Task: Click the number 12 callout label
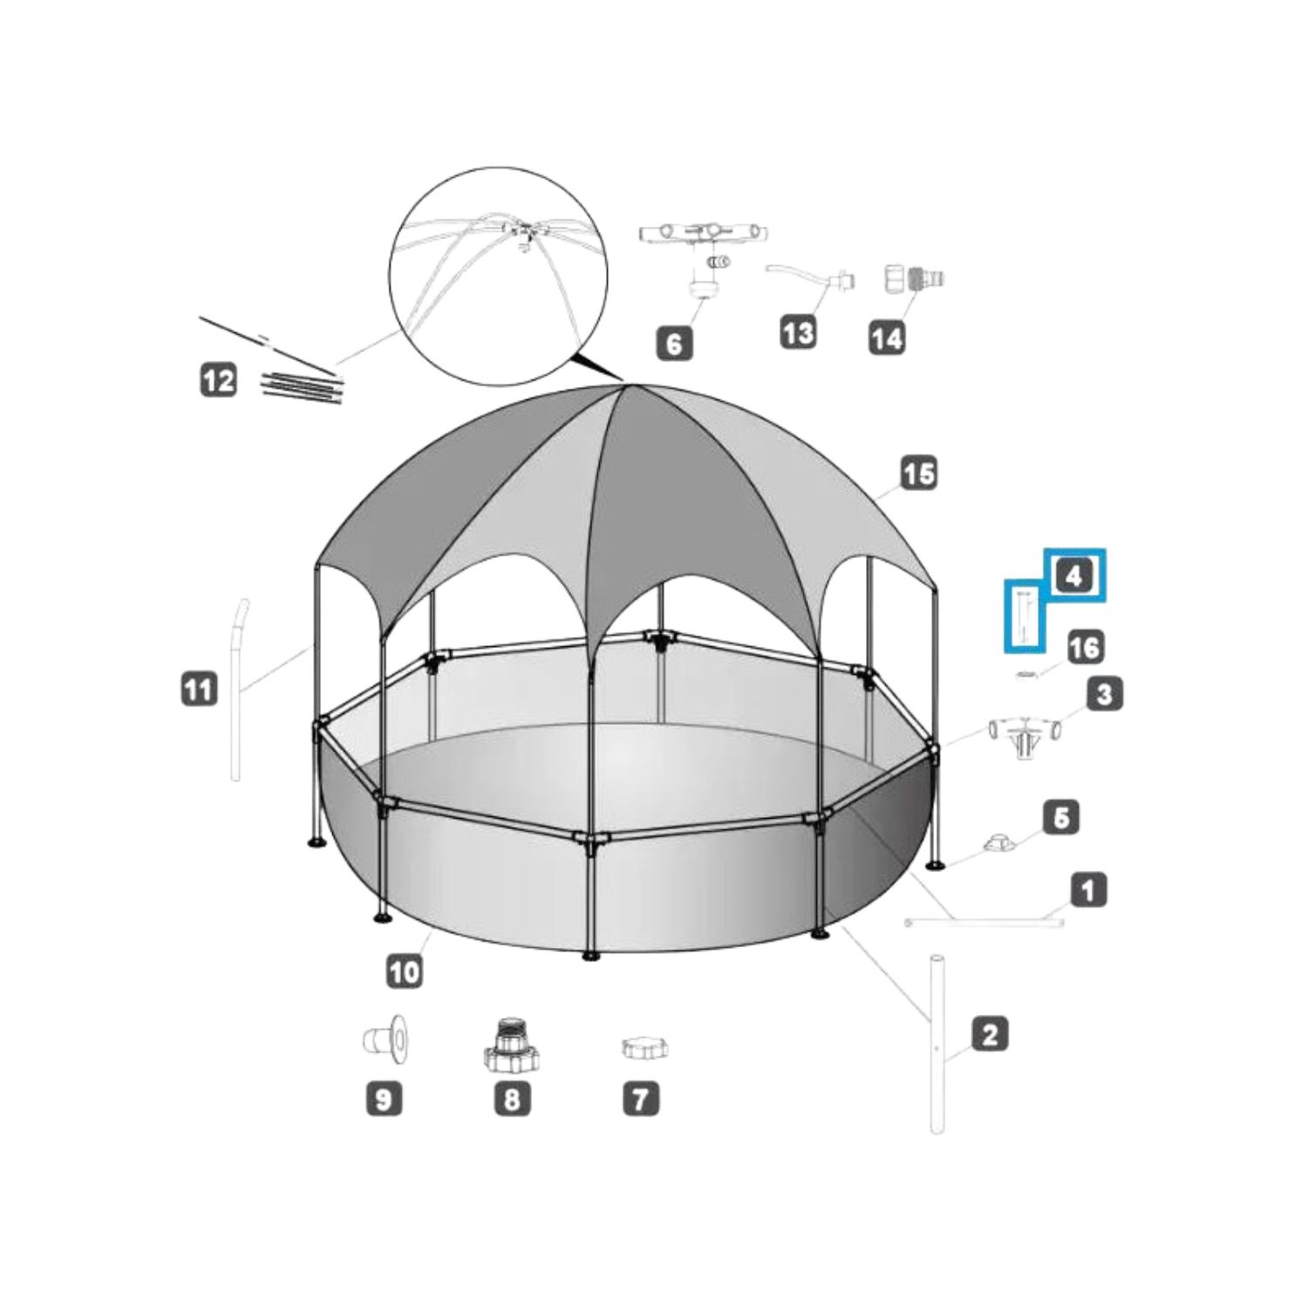tap(218, 380)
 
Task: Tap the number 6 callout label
tap(675, 344)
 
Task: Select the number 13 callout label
tap(798, 332)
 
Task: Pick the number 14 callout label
tap(887, 337)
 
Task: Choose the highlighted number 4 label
tap(1074, 576)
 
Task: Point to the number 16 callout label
tap(1084, 647)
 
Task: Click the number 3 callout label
tap(1105, 695)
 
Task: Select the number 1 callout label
tap(1088, 890)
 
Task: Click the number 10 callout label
tap(404, 971)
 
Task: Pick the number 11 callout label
tap(199, 691)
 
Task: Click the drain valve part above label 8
tap(511, 1043)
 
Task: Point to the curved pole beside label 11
tap(238, 689)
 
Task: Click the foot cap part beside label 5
tap(998, 843)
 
